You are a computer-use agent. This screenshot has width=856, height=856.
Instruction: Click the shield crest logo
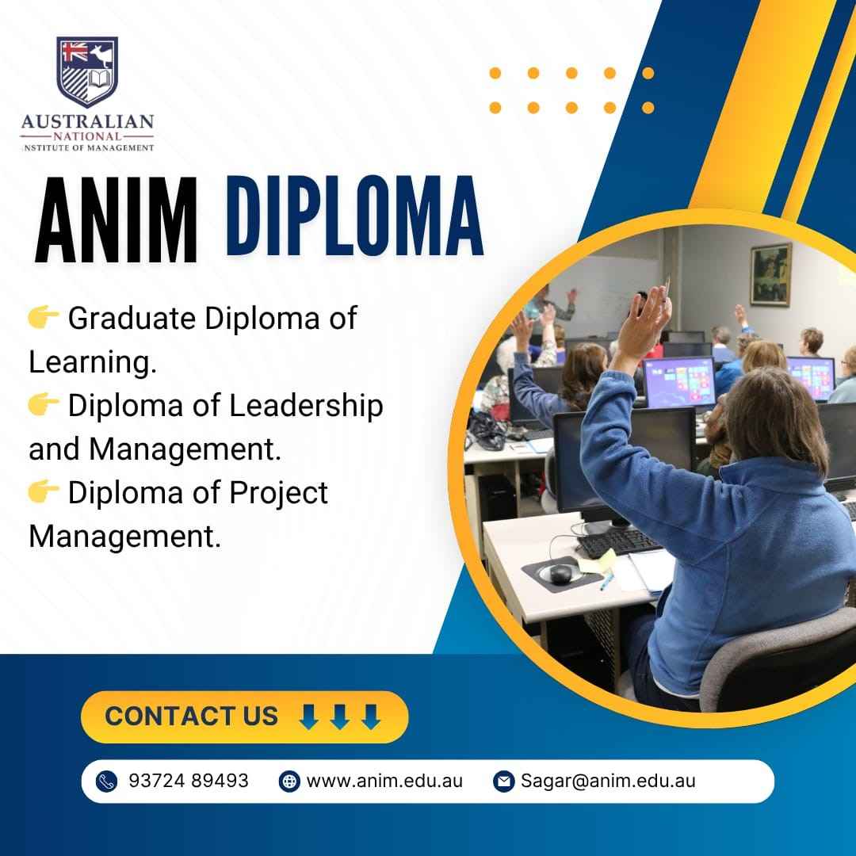click(x=87, y=71)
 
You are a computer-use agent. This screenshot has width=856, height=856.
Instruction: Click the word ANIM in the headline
click(x=116, y=220)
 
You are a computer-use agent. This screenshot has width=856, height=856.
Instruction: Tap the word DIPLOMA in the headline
click(x=354, y=216)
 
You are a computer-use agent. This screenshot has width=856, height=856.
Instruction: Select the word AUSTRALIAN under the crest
click(x=87, y=121)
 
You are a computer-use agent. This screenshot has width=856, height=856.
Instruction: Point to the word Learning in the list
click(x=92, y=362)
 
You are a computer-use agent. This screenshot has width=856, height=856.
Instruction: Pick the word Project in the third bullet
click(x=278, y=494)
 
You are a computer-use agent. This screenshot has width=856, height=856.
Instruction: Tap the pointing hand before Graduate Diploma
click(x=43, y=317)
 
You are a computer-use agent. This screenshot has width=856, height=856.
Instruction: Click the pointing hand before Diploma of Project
click(x=43, y=491)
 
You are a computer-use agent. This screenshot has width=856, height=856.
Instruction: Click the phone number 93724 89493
click(x=189, y=781)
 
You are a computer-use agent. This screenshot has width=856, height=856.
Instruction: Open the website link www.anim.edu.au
click(x=384, y=781)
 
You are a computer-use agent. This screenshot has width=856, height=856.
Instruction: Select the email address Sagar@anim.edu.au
click(x=608, y=781)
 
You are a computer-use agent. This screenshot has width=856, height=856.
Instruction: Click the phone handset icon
click(x=106, y=781)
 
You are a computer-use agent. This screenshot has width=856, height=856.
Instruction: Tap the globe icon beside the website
click(x=289, y=781)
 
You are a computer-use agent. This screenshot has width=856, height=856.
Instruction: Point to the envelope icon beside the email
click(x=503, y=781)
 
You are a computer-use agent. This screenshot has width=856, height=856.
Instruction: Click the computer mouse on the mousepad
click(x=560, y=573)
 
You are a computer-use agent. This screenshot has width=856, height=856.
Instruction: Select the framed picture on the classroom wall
click(x=771, y=274)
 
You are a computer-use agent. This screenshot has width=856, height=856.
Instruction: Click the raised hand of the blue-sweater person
click(x=648, y=316)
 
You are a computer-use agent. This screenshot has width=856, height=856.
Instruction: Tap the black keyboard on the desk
click(x=618, y=541)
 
